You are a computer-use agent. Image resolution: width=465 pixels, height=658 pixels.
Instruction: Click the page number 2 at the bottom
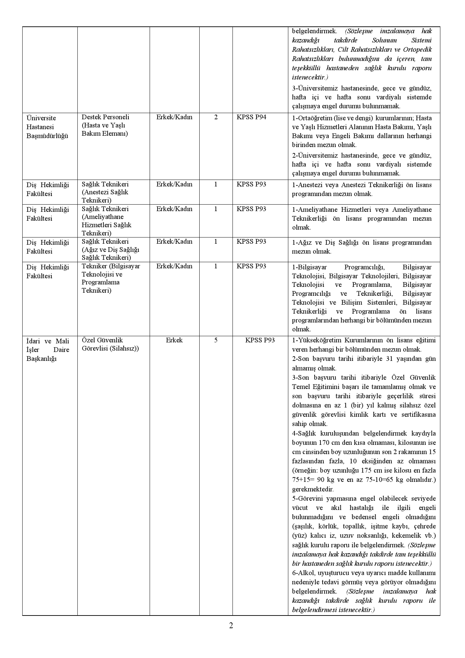231,625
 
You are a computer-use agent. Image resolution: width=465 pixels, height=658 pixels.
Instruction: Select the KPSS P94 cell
251,117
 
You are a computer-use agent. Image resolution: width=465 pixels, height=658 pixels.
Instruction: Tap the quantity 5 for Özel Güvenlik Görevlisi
216,340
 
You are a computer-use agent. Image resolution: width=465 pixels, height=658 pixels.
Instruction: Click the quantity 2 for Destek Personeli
216,117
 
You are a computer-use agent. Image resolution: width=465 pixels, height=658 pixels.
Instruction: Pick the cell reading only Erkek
174,340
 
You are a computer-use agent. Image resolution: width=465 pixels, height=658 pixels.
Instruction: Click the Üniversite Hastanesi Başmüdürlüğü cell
47,127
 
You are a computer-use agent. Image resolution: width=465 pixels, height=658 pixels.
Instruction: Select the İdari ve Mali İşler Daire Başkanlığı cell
48,350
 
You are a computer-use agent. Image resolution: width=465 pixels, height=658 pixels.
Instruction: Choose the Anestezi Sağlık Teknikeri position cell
105,192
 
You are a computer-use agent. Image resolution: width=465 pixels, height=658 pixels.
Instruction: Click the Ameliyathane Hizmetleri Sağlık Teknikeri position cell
106,221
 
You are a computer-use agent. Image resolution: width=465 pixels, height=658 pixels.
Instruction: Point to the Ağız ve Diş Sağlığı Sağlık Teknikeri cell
110,249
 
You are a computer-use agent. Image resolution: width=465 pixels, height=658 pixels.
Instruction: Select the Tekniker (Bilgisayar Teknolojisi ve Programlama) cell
111,278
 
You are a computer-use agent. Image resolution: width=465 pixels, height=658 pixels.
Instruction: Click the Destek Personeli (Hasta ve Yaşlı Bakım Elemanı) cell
105,125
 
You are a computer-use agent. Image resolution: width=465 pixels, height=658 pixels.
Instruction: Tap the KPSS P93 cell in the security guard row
260,340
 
